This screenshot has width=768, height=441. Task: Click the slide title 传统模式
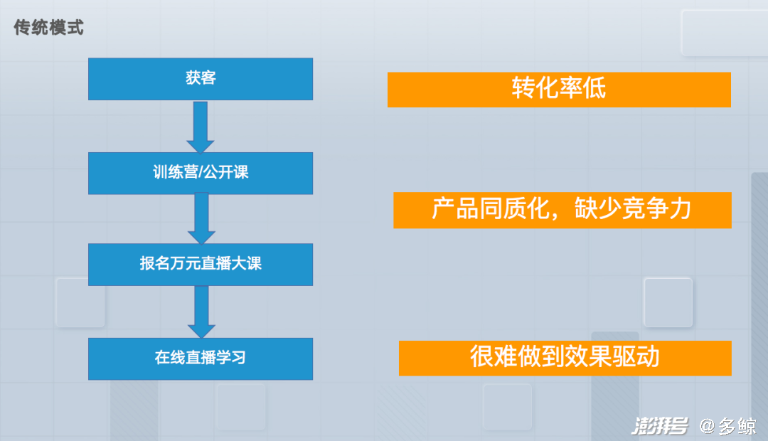click(x=48, y=28)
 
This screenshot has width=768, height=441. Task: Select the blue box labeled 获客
click(x=201, y=79)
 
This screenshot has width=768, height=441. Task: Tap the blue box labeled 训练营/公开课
click(x=201, y=174)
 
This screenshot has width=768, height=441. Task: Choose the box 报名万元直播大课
click(x=201, y=265)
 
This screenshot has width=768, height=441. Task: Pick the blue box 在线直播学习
click(x=201, y=358)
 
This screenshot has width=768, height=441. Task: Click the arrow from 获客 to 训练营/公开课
click(x=201, y=127)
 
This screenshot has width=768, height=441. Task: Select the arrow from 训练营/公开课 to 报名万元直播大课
click(x=201, y=218)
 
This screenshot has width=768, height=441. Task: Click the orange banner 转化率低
click(x=559, y=90)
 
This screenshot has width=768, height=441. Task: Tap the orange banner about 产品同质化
click(x=562, y=211)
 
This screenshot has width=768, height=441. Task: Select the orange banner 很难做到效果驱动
click(x=565, y=358)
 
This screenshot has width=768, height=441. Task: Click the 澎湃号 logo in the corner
click(x=660, y=426)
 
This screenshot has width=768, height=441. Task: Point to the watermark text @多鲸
click(x=728, y=426)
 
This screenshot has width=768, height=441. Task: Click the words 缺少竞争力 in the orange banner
click(x=632, y=208)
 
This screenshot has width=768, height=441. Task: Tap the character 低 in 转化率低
click(x=594, y=88)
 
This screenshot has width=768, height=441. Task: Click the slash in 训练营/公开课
click(x=201, y=172)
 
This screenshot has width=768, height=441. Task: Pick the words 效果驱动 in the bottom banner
click(x=612, y=356)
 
